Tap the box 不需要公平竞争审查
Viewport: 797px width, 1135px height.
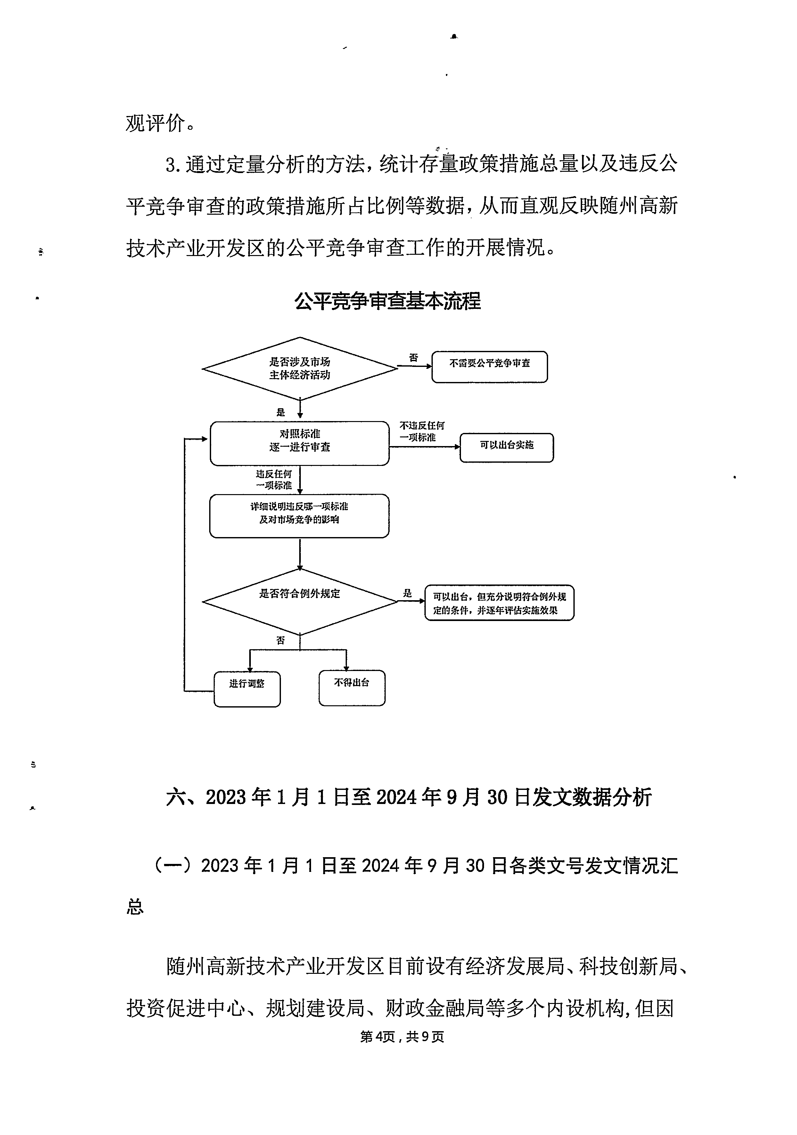pyautogui.click(x=490, y=367)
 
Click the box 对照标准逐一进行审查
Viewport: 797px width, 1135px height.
pyautogui.click(x=300, y=443)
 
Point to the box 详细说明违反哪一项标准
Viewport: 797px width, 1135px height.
pyautogui.click(x=300, y=516)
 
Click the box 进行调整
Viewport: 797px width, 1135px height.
pyautogui.click(x=247, y=689)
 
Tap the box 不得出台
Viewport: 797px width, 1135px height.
pyautogui.click(x=352, y=688)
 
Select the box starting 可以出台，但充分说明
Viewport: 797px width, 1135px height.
pyautogui.click(x=499, y=603)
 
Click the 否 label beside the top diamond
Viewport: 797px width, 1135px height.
pyautogui.click(x=414, y=357)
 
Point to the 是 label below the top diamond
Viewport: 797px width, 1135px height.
pyautogui.click(x=281, y=412)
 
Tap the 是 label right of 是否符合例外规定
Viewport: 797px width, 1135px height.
pyautogui.click(x=407, y=593)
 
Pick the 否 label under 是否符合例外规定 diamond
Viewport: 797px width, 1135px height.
pyautogui.click(x=281, y=641)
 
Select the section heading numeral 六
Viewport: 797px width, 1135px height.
pyautogui.click(x=176, y=797)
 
